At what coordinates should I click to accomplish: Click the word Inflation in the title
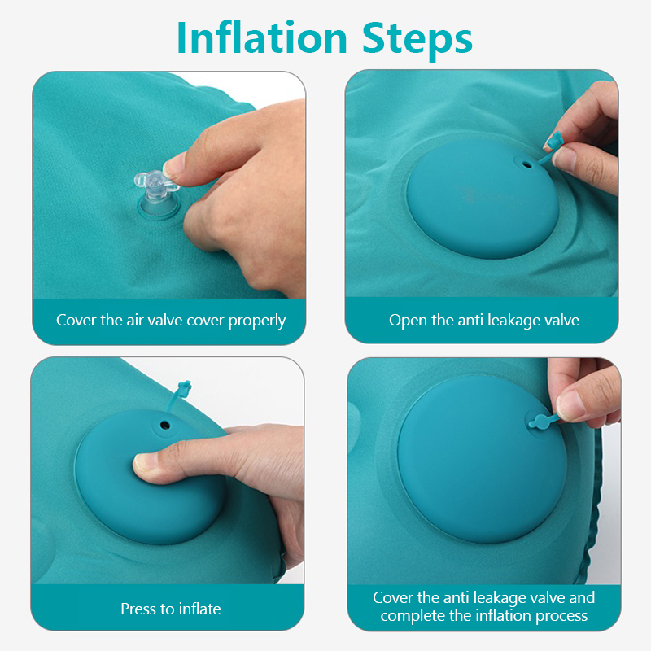pyautogui.click(x=262, y=37)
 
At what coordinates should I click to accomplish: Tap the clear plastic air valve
pyautogui.click(x=156, y=193)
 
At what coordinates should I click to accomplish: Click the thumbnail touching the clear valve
pyautogui.click(x=174, y=165)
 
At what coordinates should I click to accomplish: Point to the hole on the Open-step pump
pyautogui.click(x=527, y=165)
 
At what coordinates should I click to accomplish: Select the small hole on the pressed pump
pyautogui.click(x=165, y=425)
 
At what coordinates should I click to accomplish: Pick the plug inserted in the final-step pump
pyautogui.click(x=543, y=421)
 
